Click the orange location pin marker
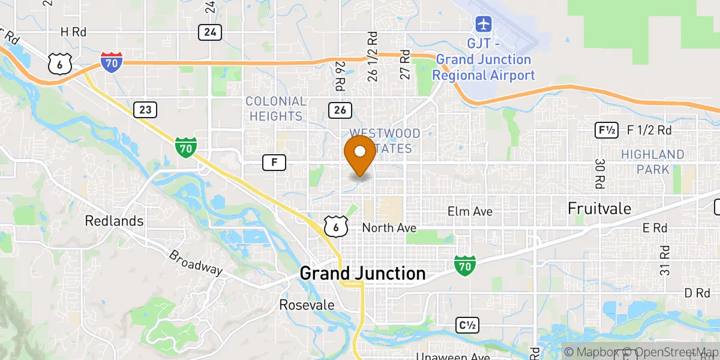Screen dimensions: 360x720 (x=360, y=155)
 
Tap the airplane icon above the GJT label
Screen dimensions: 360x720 (x=483, y=25)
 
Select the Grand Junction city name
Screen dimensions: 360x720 (x=362, y=274)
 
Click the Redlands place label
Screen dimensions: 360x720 (x=114, y=221)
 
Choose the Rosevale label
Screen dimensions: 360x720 (x=307, y=305)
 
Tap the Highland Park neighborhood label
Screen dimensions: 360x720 (x=653, y=162)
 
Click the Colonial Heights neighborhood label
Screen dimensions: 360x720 (x=275, y=109)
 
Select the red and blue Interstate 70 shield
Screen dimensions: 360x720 (x=112, y=62)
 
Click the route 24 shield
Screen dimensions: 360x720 (x=210, y=32)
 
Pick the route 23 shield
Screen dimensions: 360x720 (x=146, y=109)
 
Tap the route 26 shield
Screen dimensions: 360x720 (x=340, y=109)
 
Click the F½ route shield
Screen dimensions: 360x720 (x=606, y=130)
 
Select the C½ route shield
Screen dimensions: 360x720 (x=467, y=325)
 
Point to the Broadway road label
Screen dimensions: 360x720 (x=195, y=263)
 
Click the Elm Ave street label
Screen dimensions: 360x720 (x=470, y=211)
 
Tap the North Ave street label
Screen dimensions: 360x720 (x=390, y=228)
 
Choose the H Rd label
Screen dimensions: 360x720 (x=74, y=32)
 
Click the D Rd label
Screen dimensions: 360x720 (x=697, y=293)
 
